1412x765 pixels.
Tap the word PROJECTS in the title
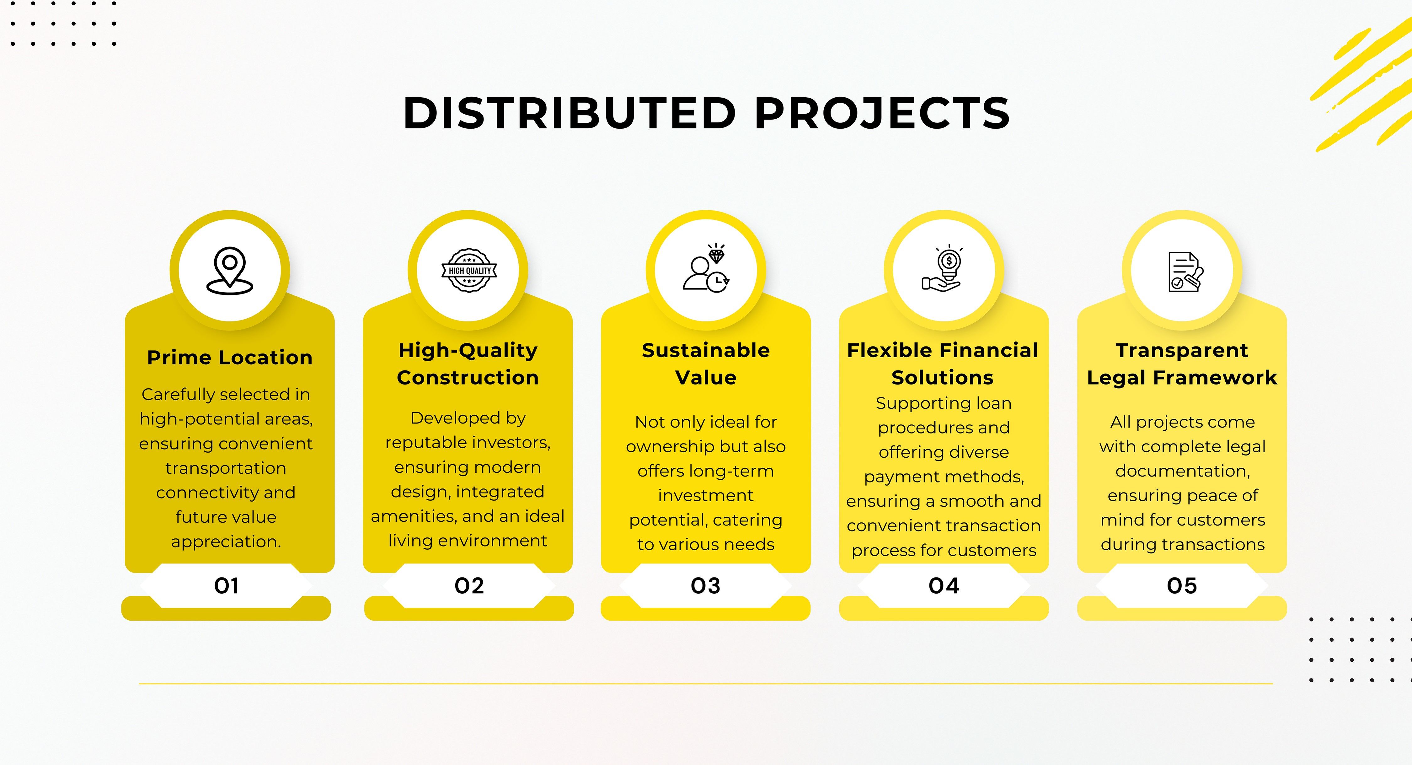tap(882, 114)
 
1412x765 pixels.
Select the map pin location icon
tap(230, 271)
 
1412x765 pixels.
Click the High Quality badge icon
tap(469, 270)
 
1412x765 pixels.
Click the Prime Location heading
tap(230, 358)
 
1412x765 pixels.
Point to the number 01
tap(226, 586)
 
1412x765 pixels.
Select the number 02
tap(469, 586)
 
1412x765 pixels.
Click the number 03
tap(705, 586)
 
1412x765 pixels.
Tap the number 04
tap(944, 586)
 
